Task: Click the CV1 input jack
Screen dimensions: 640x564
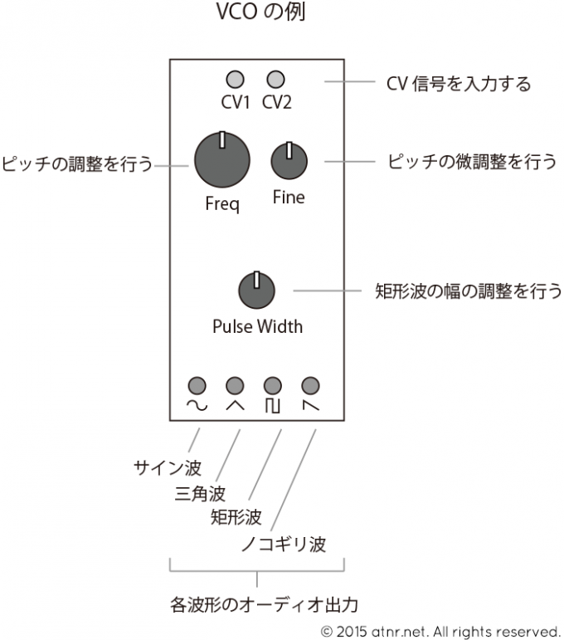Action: point(236,80)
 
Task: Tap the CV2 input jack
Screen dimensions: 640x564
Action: point(275,80)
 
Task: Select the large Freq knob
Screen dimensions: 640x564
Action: point(221,160)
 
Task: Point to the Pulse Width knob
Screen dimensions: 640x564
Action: point(256,291)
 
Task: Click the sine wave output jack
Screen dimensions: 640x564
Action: point(197,385)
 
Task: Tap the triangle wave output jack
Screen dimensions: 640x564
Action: point(235,385)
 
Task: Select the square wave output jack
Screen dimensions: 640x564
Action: point(273,385)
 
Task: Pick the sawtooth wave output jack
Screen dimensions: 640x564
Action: point(311,385)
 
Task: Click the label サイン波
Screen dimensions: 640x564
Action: point(168,467)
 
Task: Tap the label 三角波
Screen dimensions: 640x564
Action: point(201,494)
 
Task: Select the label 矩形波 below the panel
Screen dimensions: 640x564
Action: point(236,518)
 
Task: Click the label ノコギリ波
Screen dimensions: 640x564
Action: point(283,545)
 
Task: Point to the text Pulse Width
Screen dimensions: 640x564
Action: point(257,326)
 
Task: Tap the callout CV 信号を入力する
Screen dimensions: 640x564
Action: point(459,84)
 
